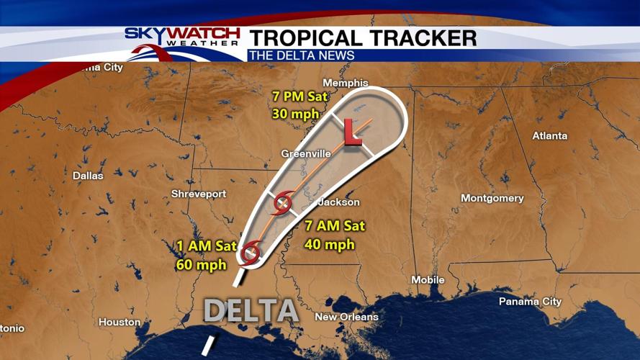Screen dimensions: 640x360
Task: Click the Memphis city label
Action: coord(346,83)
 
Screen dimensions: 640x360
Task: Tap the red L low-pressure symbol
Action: coord(352,132)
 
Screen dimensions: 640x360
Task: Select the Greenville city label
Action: coord(306,153)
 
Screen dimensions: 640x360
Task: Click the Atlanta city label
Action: coord(549,135)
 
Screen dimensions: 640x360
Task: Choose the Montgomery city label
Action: coord(492,198)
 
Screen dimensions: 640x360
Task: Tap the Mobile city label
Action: coord(428,279)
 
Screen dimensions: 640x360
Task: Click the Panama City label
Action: coord(530,301)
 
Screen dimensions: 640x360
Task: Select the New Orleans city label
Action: coord(346,317)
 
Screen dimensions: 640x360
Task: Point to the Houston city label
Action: coord(120,322)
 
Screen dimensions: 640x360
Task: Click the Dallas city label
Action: coord(88,175)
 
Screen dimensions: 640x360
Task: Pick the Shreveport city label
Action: coord(199,194)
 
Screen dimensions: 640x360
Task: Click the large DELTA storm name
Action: coord(251,310)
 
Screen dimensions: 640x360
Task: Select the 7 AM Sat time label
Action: coord(333,226)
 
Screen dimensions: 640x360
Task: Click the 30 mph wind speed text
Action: coord(290,113)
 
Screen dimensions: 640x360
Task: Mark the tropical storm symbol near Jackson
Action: coord(282,205)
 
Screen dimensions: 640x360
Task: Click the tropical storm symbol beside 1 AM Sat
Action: coord(251,253)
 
